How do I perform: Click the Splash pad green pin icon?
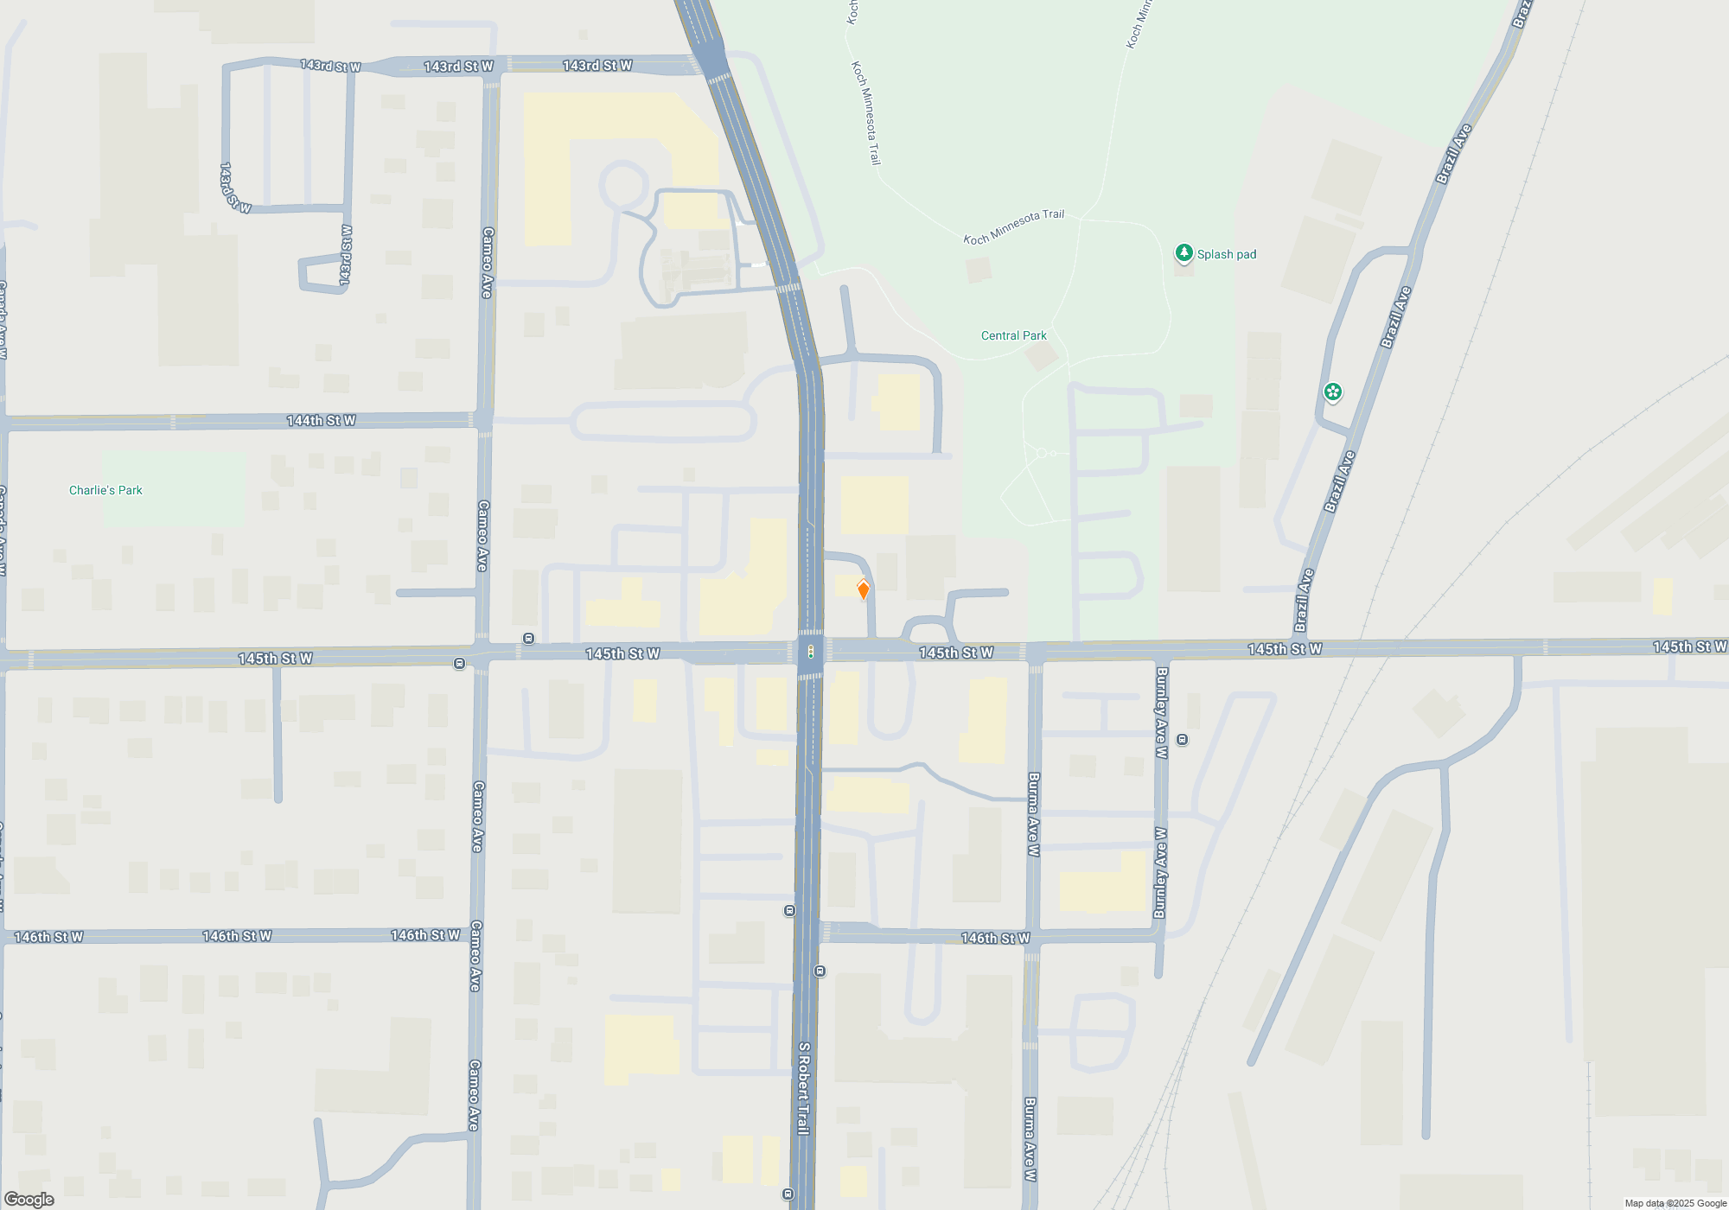coord(1184,253)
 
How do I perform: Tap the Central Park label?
coord(1013,335)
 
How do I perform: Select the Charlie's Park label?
coord(105,490)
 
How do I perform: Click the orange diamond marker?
coord(863,590)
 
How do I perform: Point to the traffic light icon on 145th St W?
coord(810,652)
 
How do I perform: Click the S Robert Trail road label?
coord(803,1088)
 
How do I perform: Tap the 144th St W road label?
coord(321,421)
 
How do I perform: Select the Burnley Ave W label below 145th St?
coord(1161,712)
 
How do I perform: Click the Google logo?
coord(29,1200)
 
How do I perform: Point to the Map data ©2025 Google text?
coord(1675,1203)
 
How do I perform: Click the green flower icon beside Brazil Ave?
coord(1333,392)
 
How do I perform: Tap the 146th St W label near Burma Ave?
coord(995,938)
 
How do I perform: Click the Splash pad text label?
coord(1226,254)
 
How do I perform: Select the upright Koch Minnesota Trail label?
coord(865,112)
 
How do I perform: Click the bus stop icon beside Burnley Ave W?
coord(1183,740)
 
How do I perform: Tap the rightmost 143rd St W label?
coord(597,66)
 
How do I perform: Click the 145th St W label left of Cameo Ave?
coord(275,659)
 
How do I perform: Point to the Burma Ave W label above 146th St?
coord(1033,814)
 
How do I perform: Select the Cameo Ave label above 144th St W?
coord(487,263)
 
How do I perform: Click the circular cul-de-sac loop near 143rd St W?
coord(623,186)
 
